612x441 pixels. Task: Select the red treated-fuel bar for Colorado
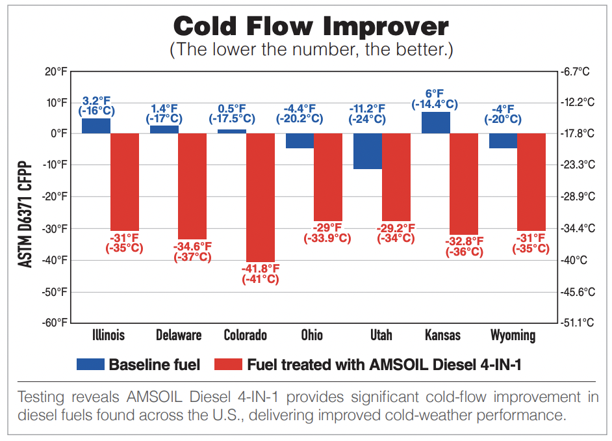(x=261, y=197)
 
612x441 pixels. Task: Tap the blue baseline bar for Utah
(x=368, y=151)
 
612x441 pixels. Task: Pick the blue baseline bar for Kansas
(x=435, y=122)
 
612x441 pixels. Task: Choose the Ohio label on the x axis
(x=312, y=336)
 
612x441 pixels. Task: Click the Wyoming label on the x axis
(x=513, y=336)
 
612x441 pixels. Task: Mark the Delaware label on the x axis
(x=179, y=336)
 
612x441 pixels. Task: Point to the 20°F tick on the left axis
(x=56, y=71)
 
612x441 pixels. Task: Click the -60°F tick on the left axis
(x=55, y=323)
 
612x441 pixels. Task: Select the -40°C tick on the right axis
(x=574, y=260)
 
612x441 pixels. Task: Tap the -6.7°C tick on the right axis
(x=576, y=72)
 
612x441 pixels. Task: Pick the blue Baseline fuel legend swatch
(x=90, y=365)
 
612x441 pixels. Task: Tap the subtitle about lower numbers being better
(x=311, y=49)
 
